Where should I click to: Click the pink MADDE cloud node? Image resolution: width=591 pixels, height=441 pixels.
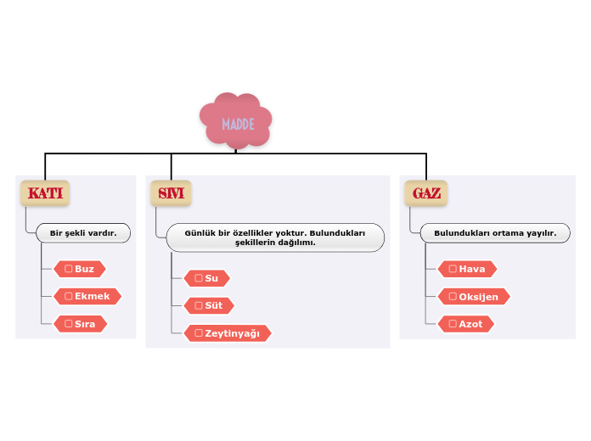point(236,122)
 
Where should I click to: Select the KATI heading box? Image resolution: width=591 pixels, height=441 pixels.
point(45,193)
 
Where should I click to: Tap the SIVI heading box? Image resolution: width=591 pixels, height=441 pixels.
point(171,193)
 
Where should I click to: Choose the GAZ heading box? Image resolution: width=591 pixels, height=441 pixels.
point(426,193)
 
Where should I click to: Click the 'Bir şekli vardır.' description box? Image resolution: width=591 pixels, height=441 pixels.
point(83,232)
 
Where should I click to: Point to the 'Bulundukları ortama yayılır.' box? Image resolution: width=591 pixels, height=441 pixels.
point(495,232)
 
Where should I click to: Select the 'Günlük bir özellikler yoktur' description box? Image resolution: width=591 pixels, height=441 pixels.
point(275,237)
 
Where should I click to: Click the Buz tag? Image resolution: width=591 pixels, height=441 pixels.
point(80,269)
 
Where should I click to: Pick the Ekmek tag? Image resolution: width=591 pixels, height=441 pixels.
point(87,296)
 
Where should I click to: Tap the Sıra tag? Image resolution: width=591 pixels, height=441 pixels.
point(81,323)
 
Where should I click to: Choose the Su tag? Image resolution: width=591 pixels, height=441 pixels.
point(206,278)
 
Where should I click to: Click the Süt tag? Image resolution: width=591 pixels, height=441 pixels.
point(209,305)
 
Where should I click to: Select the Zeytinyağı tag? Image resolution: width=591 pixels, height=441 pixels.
point(228,333)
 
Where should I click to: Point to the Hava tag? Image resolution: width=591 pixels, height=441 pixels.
point(467,269)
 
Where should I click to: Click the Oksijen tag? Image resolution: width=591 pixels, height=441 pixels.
point(474,296)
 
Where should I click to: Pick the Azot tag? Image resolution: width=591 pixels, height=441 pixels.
point(465,323)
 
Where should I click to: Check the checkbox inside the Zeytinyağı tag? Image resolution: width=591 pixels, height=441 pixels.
point(199,333)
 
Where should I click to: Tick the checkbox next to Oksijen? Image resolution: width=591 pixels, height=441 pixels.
point(453,296)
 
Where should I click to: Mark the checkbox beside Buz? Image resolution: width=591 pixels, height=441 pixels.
point(69,269)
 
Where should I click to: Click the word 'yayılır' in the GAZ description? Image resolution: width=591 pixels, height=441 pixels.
point(539,232)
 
